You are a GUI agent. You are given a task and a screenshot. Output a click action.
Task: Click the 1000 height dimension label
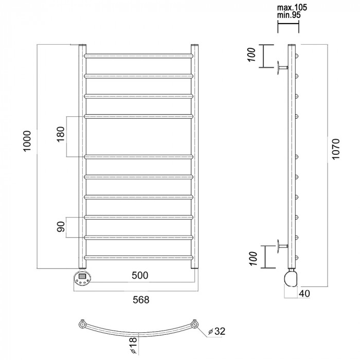tap(27, 141)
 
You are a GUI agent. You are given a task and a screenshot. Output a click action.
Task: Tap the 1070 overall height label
tap(336, 149)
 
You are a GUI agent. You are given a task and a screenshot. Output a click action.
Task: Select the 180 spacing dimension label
tap(61, 134)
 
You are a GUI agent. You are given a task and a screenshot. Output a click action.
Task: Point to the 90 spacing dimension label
tap(61, 227)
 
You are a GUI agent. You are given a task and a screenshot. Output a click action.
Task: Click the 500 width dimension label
tap(140, 275)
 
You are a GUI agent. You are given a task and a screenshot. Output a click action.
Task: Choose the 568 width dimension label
tap(141, 300)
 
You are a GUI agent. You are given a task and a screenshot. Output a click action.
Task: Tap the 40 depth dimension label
tap(304, 294)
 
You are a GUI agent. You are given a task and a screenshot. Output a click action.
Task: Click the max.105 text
tap(292, 8)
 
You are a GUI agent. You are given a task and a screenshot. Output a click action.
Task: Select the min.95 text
tap(289, 15)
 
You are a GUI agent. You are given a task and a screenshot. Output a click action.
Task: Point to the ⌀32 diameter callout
tap(217, 331)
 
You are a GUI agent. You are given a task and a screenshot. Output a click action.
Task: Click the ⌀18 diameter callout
tap(133, 345)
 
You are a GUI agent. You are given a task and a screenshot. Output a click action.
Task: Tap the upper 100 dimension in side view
tap(251, 55)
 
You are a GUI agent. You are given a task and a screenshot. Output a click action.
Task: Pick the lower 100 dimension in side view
tap(253, 259)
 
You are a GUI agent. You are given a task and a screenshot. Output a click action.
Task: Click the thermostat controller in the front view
tap(82, 278)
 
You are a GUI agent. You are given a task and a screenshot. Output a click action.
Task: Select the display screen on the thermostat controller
tap(82, 276)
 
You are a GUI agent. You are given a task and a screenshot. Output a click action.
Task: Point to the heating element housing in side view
tap(291, 279)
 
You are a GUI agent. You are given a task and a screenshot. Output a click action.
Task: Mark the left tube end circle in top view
tap(82, 325)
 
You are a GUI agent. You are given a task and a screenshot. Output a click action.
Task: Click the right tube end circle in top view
tap(195, 325)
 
